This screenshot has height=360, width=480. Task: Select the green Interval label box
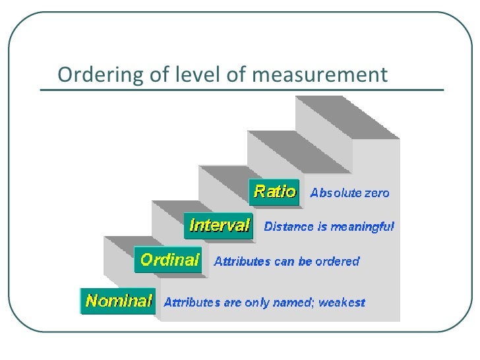[218, 225]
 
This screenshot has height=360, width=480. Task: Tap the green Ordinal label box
[169, 259]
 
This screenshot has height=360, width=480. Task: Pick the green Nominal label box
[118, 301]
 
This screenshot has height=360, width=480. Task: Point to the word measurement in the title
[318, 75]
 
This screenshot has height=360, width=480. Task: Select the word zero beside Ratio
[375, 194]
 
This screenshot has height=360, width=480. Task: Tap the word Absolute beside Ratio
[334, 194]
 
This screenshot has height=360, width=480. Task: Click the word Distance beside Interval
[286, 227]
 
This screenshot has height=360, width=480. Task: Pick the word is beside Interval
[313, 227]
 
